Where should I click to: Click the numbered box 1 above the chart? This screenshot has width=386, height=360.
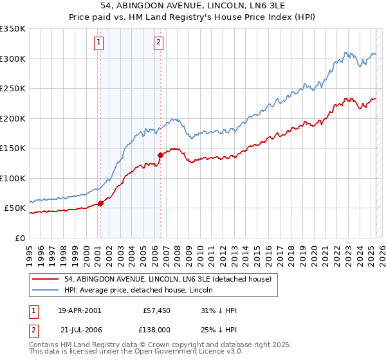[100, 43]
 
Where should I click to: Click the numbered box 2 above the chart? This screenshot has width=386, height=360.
[158, 43]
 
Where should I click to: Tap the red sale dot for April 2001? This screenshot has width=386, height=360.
[100, 204]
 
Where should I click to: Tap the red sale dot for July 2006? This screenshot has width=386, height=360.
[160, 155]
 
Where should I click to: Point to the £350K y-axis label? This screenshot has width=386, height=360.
[13, 29]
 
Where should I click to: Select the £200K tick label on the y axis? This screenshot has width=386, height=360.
[13, 118]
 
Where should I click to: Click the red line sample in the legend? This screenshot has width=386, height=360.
[46, 279]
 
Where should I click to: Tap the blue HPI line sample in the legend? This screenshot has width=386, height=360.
[46, 291]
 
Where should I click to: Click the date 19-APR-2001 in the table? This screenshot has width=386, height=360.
[79, 310]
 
